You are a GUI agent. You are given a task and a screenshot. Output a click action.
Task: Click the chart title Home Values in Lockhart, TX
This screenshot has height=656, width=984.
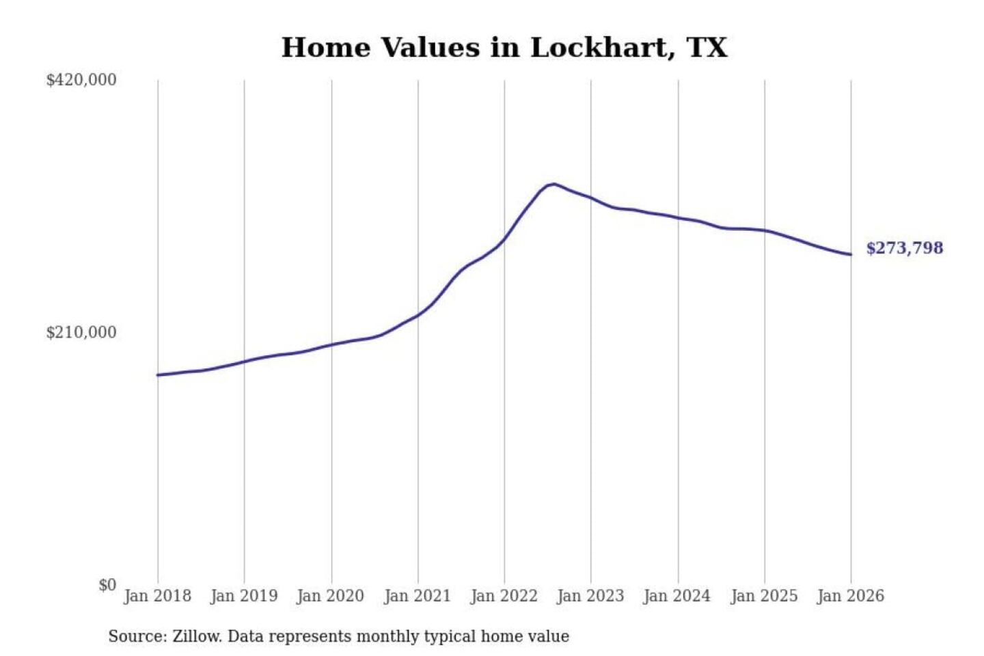pyautogui.click(x=504, y=48)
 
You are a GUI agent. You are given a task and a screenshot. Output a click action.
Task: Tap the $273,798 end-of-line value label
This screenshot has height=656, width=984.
pyautogui.click(x=904, y=248)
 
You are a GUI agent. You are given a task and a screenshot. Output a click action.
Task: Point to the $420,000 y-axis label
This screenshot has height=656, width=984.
pyautogui.click(x=81, y=80)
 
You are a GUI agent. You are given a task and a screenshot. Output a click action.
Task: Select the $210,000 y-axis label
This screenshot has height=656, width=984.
pyautogui.click(x=81, y=333)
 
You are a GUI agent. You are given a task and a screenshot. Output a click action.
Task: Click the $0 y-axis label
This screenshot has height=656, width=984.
pyautogui.click(x=107, y=585)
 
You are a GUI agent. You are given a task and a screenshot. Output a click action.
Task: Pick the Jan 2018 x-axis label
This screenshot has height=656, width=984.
pyautogui.click(x=158, y=596)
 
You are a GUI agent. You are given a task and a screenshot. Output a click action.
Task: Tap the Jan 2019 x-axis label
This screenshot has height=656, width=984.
pyautogui.click(x=244, y=596)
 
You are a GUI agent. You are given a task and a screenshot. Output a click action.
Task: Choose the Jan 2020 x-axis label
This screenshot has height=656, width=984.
pyautogui.click(x=331, y=596)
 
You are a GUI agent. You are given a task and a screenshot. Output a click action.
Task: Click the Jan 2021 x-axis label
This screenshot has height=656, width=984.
pyautogui.click(x=418, y=596)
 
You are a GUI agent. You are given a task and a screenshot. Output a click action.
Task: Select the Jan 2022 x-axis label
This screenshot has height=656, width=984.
pyautogui.click(x=504, y=596)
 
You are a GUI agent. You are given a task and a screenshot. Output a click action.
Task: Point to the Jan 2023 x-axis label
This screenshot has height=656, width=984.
pyautogui.click(x=590, y=596)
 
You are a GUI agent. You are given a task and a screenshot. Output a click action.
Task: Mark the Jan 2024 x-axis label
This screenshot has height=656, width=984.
pyautogui.click(x=677, y=596)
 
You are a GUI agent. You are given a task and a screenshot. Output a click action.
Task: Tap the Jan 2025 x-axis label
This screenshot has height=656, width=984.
pyautogui.click(x=764, y=596)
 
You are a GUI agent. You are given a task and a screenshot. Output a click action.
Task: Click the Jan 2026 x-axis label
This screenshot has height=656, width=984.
pyautogui.click(x=851, y=596)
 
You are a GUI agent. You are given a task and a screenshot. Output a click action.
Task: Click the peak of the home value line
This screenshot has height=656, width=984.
pyautogui.click(x=553, y=184)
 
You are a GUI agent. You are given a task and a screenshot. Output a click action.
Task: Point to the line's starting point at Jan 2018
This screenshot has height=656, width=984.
pyautogui.click(x=158, y=375)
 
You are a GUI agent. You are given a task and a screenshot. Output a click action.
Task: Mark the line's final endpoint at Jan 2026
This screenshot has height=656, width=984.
pyautogui.click(x=851, y=255)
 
